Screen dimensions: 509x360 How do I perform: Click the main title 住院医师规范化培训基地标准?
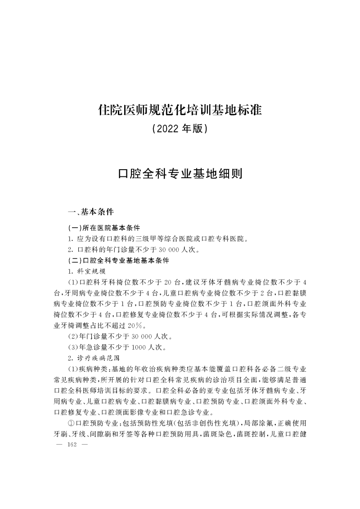pyautogui.click(x=180, y=109)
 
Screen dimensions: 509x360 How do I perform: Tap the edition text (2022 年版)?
pyautogui.click(x=180, y=129)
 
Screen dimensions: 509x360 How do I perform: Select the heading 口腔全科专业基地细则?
pyautogui.click(x=180, y=174)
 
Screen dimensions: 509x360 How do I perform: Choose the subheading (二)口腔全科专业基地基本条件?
pyautogui.click(x=118, y=260)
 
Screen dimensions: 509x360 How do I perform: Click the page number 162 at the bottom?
pyautogui.click(x=73, y=445)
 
